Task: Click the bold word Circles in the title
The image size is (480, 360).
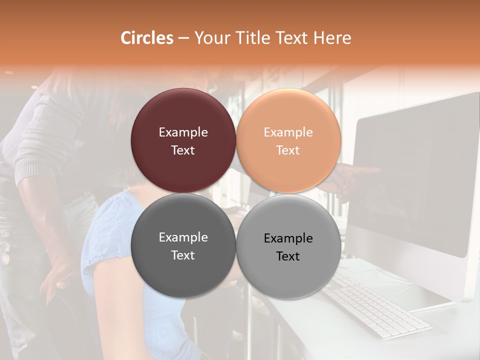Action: pos(146,38)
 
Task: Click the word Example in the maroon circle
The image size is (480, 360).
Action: pos(183,132)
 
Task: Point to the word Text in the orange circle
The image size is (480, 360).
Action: pos(288,150)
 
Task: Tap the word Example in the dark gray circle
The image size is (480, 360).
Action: pos(183,237)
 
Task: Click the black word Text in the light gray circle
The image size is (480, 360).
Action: pos(288,256)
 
